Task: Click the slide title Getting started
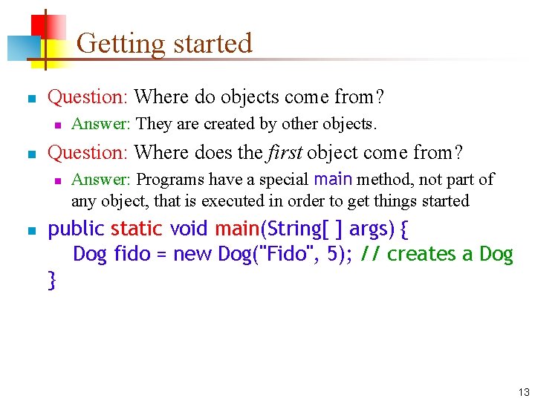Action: [x=164, y=43]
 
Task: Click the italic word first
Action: [x=284, y=152]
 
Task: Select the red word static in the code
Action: [x=136, y=228]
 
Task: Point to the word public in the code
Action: [x=77, y=228]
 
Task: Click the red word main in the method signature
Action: [x=236, y=228]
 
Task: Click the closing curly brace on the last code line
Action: [x=52, y=280]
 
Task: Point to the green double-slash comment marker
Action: [x=371, y=254]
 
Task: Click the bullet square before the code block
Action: [x=30, y=229]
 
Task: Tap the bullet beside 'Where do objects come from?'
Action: [x=30, y=98]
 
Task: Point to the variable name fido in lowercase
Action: [x=131, y=254]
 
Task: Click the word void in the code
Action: [x=189, y=228]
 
